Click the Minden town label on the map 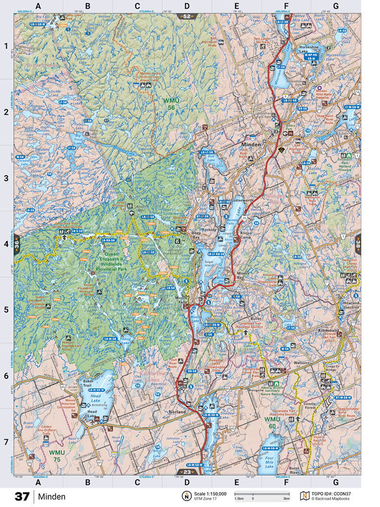[251, 145]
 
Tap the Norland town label [177, 412]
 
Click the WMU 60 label [272, 422]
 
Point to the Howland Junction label [352, 311]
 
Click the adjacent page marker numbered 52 [187, 16]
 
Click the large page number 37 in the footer [22, 496]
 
